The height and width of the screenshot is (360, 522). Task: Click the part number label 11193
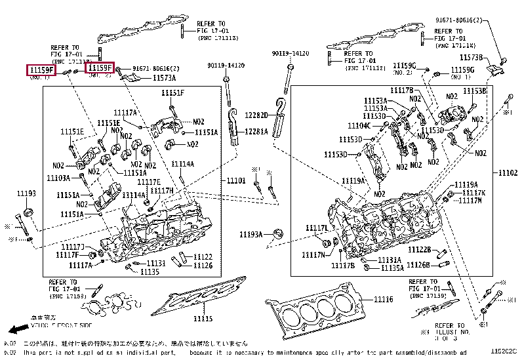26,194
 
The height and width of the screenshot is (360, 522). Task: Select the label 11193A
251,234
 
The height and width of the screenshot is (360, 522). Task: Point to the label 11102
507,172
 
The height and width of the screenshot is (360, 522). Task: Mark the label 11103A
58,178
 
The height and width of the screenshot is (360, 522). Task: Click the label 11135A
391,268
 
